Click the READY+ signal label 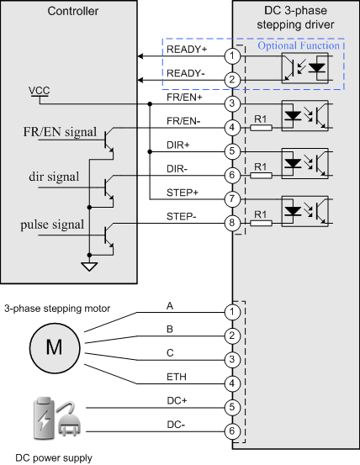click(187, 50)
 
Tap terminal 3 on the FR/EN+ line click(232, 103)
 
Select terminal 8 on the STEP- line click(232, 223)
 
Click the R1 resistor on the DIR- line click(261, 175)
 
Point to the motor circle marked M click(55, 348)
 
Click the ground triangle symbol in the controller click(89, 267)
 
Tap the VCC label click(40, 91)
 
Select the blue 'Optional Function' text click(299, 45)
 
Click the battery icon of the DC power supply click(44, 418)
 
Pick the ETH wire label click(177, 377)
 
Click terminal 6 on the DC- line click(232, 431)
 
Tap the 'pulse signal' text click(52, 225)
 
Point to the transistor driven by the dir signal click(109, 188)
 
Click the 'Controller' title click(73, 11)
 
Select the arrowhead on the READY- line click(140, 80)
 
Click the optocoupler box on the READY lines click(304, 68)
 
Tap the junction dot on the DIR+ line click(150, 152)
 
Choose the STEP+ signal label click(183, 193)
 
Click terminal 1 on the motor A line click(232, 312)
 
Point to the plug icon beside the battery click(69, 419)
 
